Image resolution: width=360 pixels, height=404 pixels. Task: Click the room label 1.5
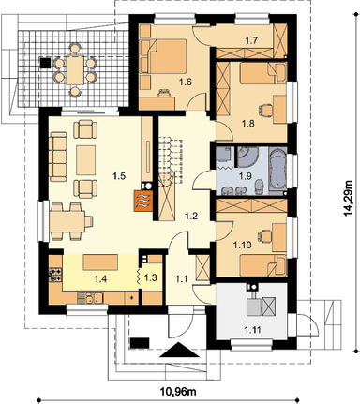(119, 176)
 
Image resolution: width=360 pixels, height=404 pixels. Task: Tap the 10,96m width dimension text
(178, 391)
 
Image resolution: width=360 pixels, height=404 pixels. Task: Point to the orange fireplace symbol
(143, 201)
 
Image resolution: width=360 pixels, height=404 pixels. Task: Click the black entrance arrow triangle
(179, 350)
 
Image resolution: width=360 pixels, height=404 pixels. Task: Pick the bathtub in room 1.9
(277, 170)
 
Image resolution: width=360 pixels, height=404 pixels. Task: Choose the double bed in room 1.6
(168, 56)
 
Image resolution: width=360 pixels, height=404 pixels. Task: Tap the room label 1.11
(252, 329)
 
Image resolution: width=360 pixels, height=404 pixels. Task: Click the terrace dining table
(75, 69)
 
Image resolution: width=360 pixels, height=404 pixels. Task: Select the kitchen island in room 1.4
(100, 262)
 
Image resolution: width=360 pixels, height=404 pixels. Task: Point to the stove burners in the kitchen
(55, 275)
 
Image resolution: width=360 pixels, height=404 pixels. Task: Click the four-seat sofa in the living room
(58, 157)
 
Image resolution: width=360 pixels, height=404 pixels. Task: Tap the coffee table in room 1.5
(85, 160)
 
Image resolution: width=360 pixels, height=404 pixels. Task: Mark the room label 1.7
(251, 40)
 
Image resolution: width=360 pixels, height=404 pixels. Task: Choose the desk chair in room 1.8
(265, 110)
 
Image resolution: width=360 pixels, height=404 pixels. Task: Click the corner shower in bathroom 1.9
(248, 157)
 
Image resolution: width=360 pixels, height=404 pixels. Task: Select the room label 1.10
(242, 245)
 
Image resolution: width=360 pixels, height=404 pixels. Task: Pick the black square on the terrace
(45, 63)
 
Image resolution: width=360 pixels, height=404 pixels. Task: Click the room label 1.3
(151, 277)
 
